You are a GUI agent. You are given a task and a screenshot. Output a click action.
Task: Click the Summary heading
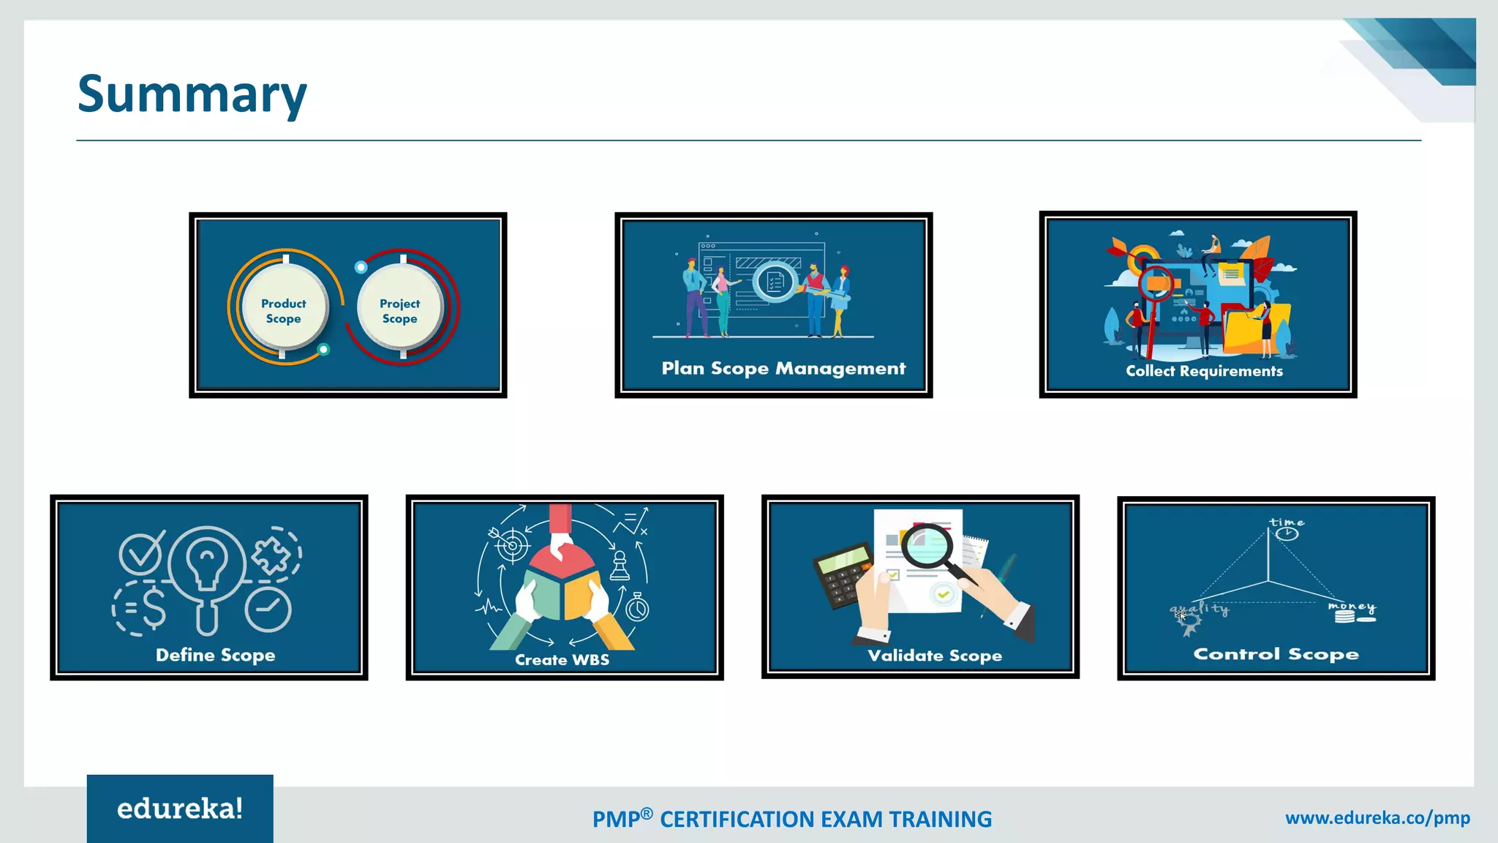click(192, 94)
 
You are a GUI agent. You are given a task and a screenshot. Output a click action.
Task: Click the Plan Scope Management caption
click(783, 368)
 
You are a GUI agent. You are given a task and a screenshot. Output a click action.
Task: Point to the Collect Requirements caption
click(1204, 371)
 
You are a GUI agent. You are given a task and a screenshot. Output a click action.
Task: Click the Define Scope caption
click(215, 655)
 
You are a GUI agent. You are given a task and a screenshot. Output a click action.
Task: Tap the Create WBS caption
click(562, 659)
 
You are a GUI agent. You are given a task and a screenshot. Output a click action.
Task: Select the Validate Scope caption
click(935, 655)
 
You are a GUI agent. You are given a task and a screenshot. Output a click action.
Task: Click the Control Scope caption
click(1276, 653)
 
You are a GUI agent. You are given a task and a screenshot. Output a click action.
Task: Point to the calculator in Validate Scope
click(843, 575)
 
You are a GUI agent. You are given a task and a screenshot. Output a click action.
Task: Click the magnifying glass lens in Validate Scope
click(927, 546)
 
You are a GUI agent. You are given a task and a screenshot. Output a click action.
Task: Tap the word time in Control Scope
click(1287, 522)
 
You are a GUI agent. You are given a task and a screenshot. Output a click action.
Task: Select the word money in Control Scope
click(1352, 607)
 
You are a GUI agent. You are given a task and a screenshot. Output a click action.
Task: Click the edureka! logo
click(180, 809)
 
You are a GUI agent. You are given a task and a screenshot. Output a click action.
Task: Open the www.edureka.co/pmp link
click(1377, 818)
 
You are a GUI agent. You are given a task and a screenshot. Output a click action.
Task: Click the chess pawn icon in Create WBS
click(620, 566)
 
